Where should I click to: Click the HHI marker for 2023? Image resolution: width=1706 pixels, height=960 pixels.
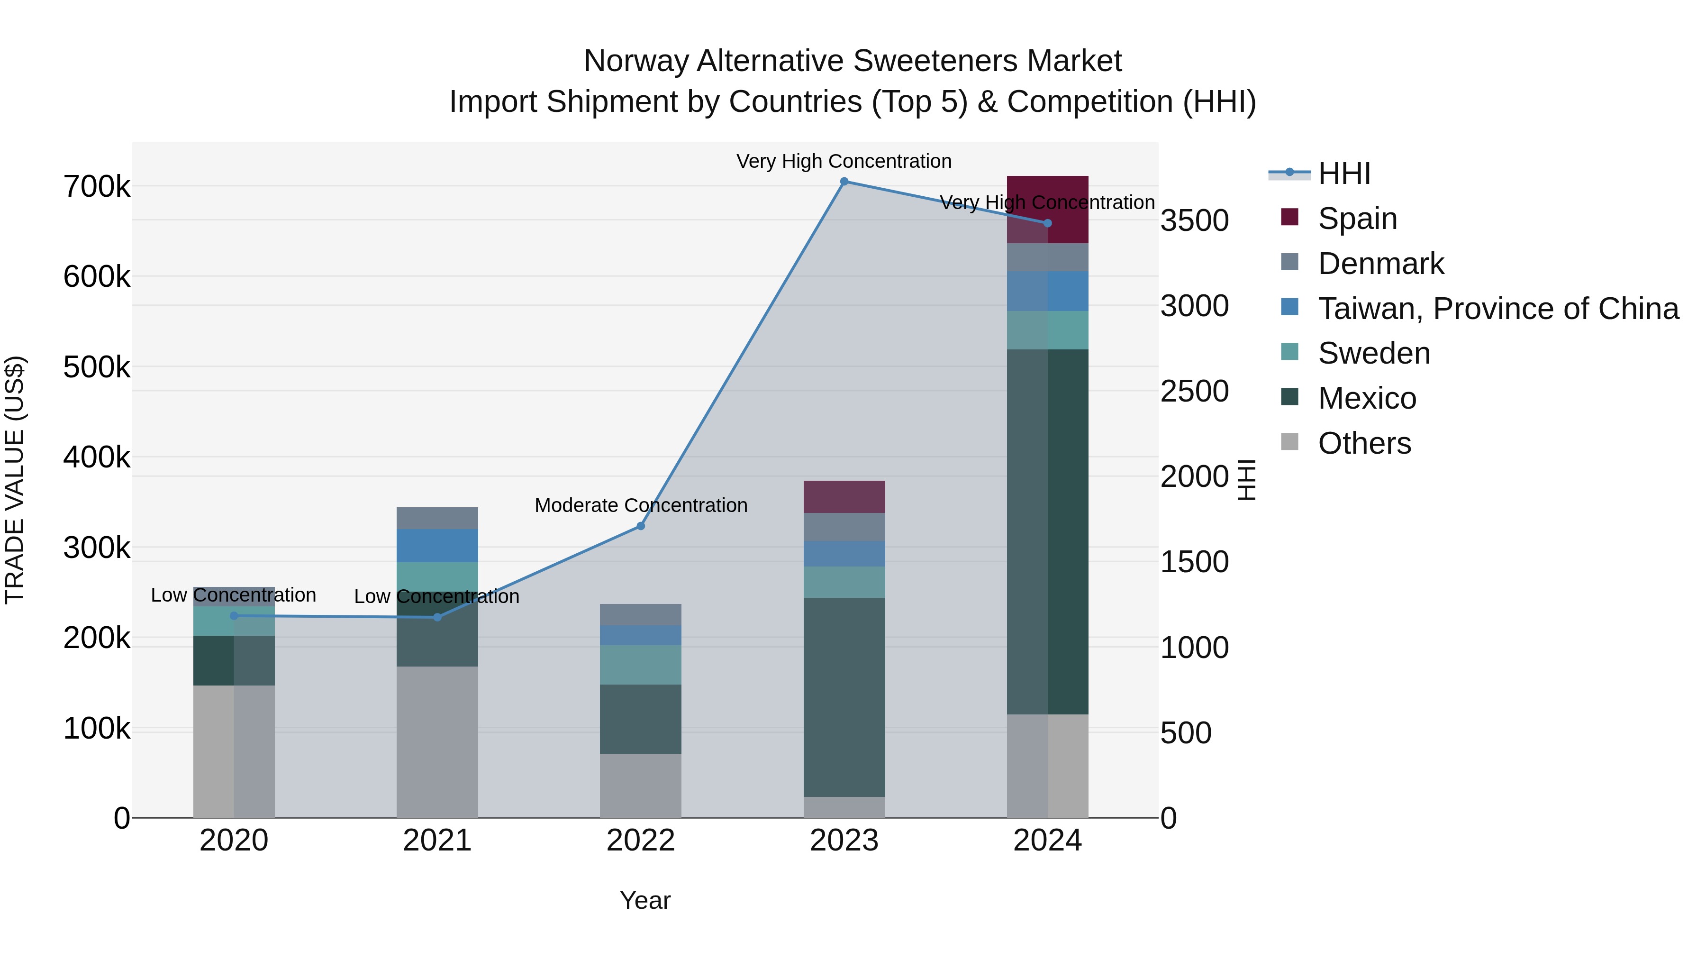[x=844, y=182]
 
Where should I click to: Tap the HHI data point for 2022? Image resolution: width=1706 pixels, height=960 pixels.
[x=640, y=526]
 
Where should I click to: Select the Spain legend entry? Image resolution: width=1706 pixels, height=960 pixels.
[x=1357, y=219]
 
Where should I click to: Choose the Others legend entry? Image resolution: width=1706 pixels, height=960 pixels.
[x=1364, y=443]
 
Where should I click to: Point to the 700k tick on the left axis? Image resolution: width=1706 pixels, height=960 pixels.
[x=97, y=187]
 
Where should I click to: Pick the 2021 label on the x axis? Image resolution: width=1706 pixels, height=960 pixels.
[x=437, y=841]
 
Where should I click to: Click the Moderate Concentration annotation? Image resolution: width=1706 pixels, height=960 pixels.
[x=640, y=505]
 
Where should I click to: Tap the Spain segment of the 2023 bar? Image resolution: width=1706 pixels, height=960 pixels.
[x=844, y=497]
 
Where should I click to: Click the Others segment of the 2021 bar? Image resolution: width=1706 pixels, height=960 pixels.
[x=437, y=741]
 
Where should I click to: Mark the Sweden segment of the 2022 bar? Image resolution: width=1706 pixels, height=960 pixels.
[x=640, y=665]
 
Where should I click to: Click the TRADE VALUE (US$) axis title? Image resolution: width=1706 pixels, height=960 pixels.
[x=15, y=480]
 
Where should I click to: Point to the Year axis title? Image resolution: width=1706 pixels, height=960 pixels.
[x=645, y=900]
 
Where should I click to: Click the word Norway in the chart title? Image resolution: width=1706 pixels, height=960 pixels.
[x=636, y=61]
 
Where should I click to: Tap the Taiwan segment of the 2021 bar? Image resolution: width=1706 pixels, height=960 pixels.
[x=437, y=545]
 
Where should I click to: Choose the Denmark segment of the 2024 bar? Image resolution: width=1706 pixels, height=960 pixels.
[x=1047, y=257]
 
